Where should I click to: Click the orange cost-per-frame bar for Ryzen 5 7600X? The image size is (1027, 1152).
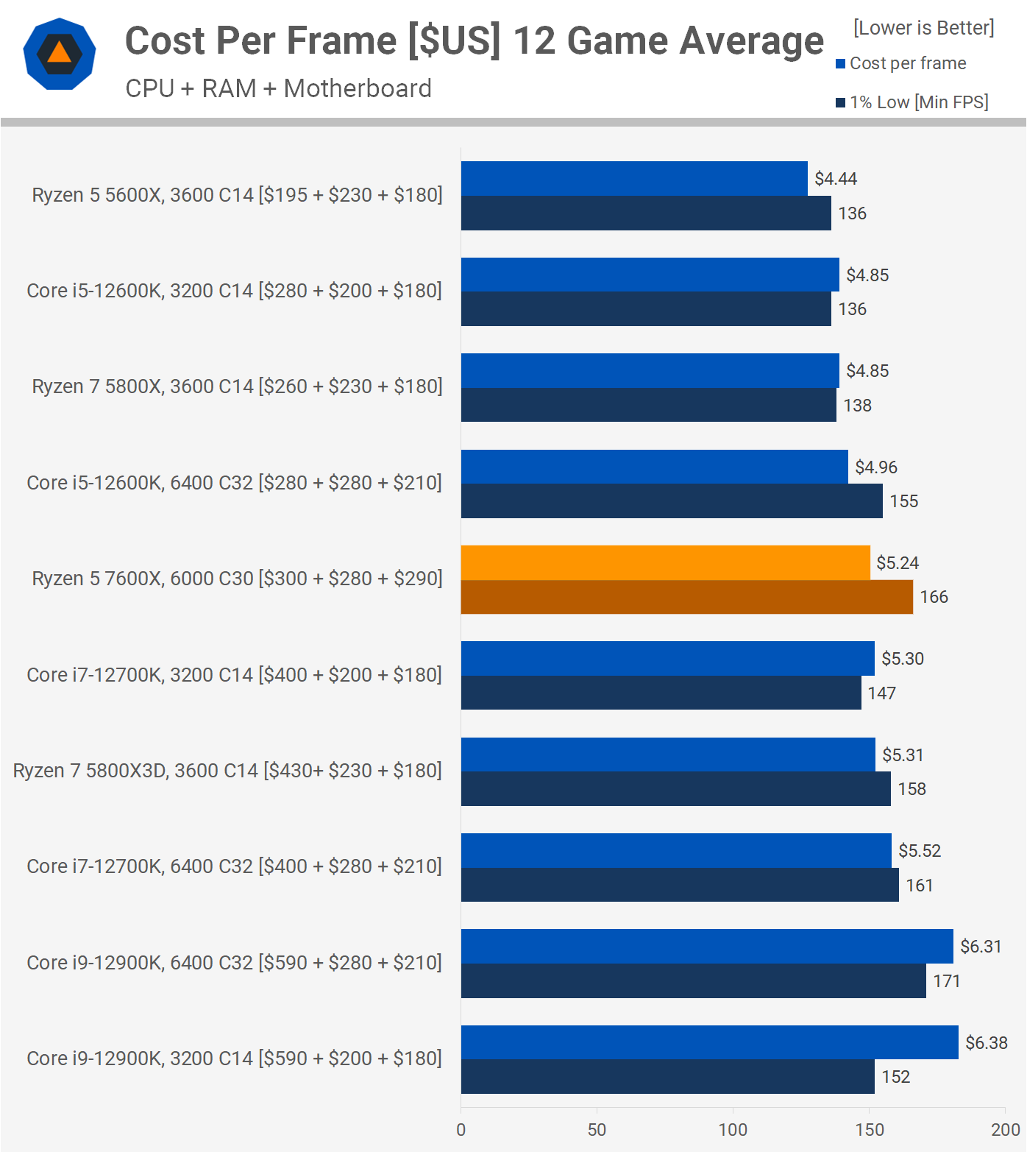665,562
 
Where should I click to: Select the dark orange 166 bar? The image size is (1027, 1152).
686,597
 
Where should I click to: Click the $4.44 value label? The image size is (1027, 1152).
836,179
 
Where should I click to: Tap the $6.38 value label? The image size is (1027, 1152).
987,1043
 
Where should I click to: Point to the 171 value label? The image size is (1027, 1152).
947,981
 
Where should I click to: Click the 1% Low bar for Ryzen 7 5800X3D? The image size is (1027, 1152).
675,789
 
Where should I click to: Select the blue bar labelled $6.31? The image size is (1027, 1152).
706,947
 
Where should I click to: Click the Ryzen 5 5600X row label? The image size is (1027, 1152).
237,195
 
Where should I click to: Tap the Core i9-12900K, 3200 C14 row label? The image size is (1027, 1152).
234,1059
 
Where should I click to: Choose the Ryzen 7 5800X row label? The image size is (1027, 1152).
237,386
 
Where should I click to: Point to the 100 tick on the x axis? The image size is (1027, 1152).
733,1130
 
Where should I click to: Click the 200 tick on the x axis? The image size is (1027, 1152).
1005,1130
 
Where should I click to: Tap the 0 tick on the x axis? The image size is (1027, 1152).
461,1130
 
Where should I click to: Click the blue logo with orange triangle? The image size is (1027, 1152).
60,54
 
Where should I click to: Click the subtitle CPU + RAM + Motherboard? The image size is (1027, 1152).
278,88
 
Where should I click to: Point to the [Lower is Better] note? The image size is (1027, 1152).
923,28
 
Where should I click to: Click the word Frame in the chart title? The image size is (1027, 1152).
344,40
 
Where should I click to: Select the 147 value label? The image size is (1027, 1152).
881,693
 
